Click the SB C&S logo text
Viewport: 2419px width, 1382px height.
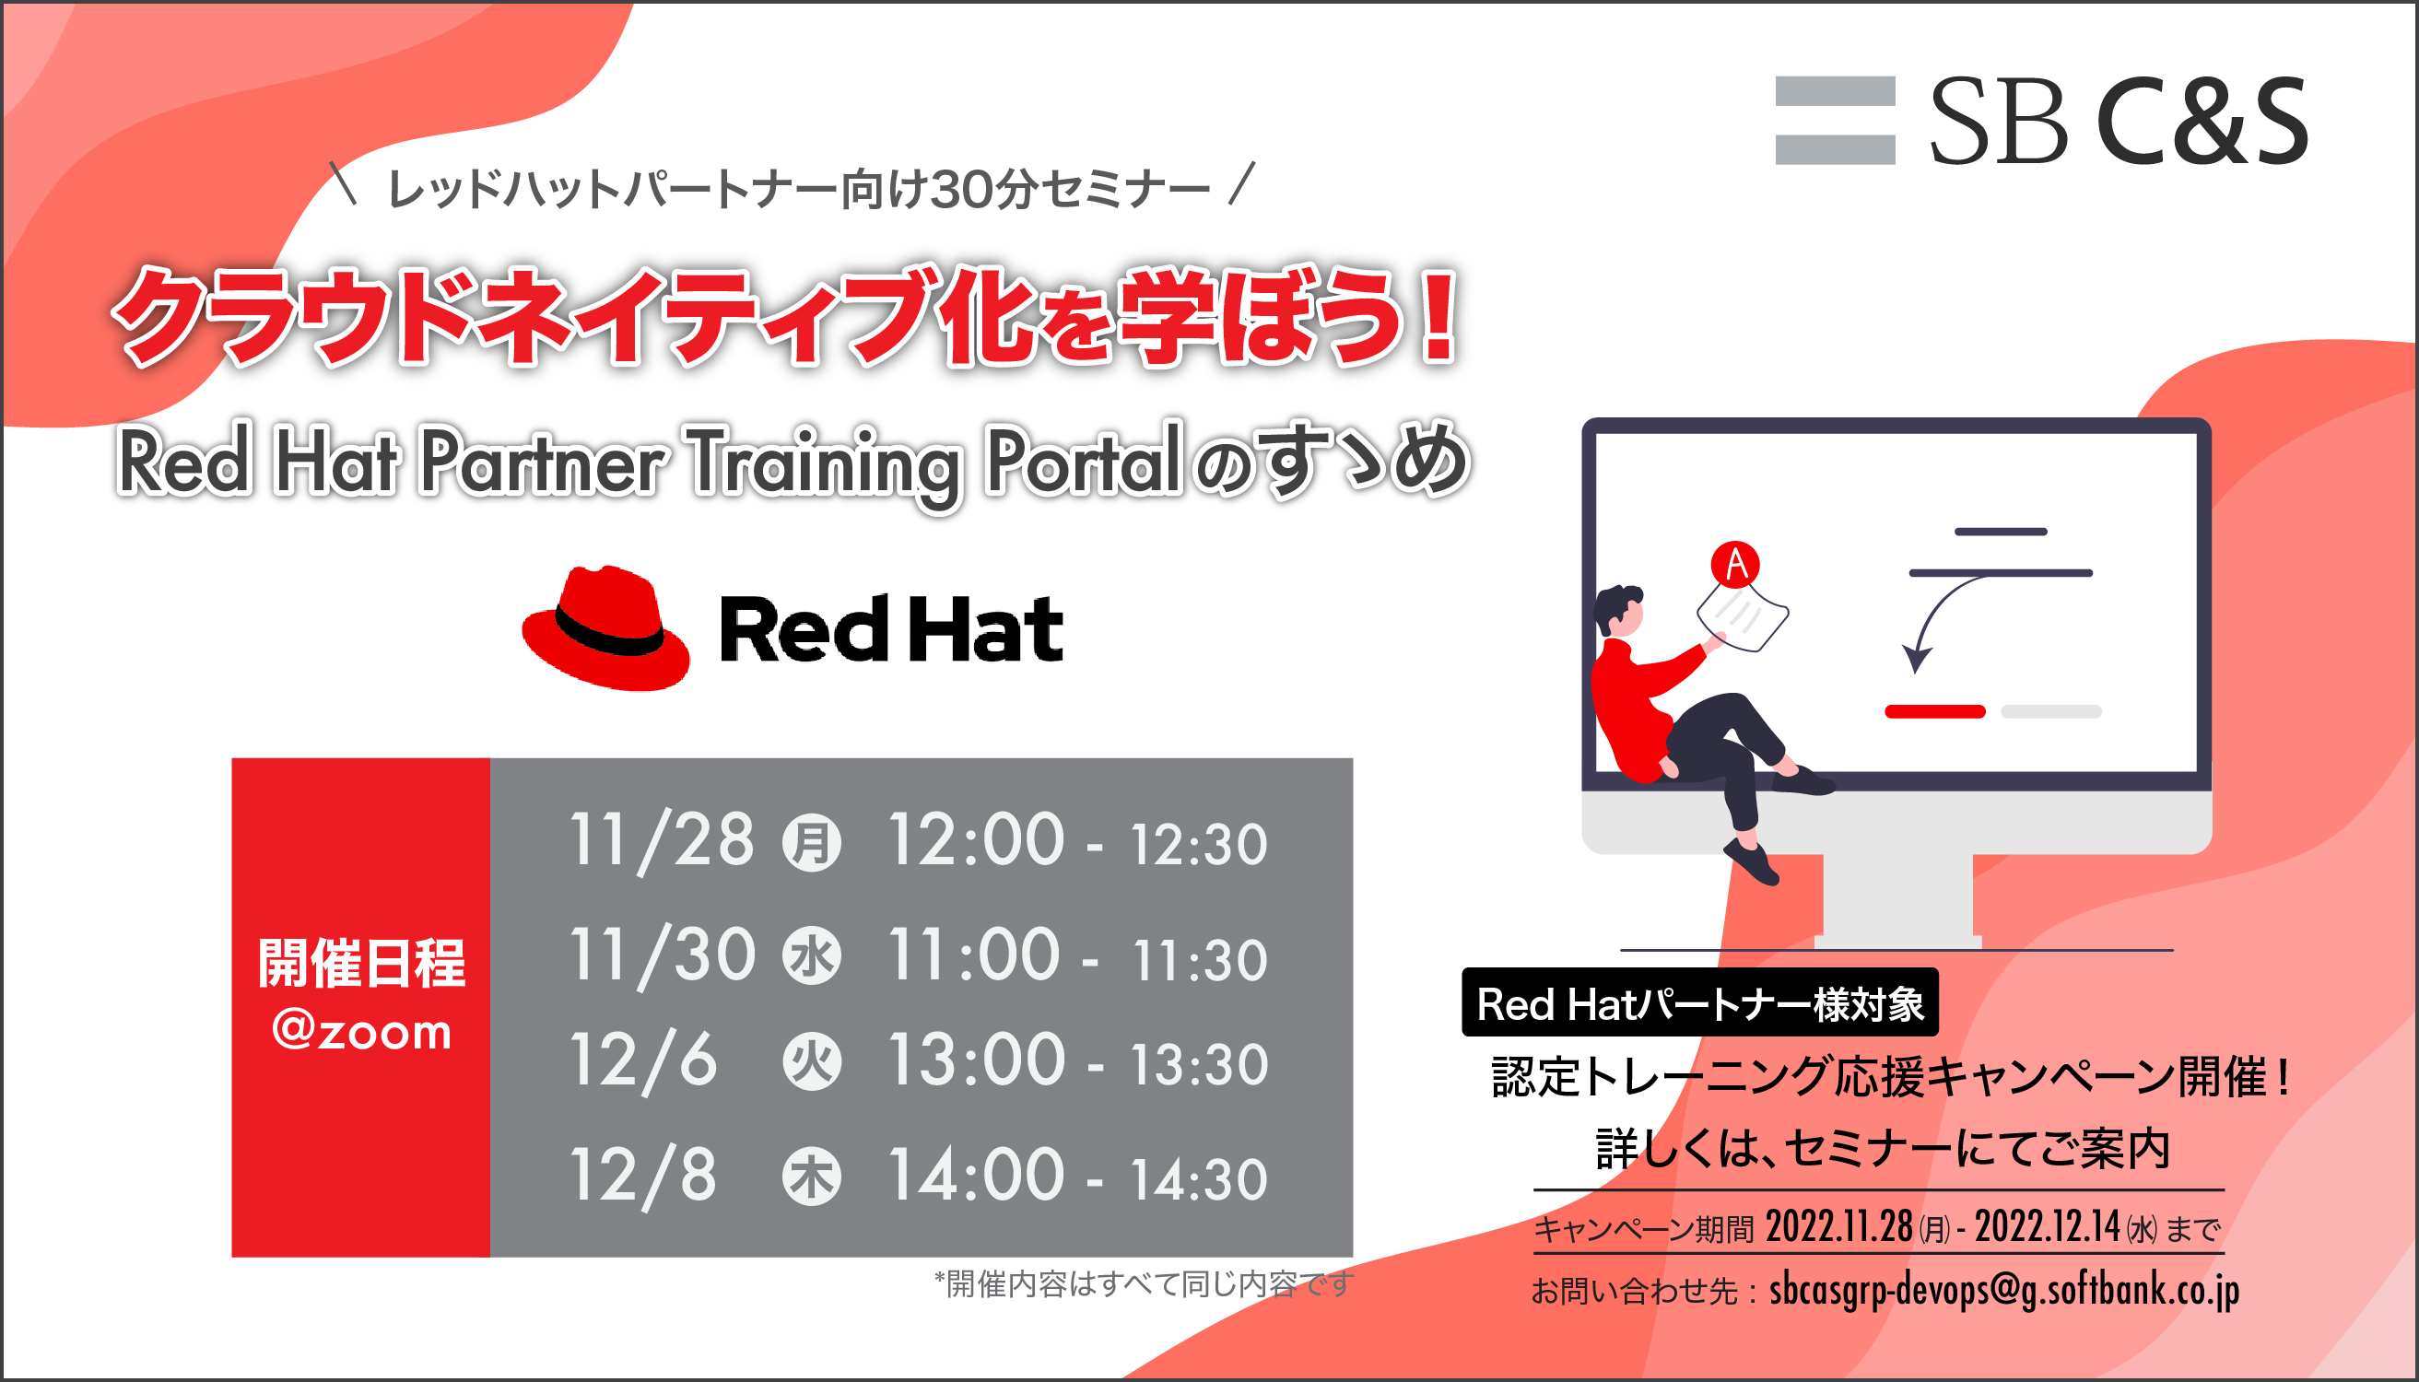[2119, 121]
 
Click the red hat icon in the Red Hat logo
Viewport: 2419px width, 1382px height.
[605, 627]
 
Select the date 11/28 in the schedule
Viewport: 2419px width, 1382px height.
[662, 841]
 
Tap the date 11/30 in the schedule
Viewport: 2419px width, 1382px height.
[662, 955]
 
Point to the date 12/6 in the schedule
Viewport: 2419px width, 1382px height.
[642, 1061]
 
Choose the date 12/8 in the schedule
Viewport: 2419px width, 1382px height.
[642, 1176]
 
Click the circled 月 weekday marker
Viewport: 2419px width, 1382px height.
[812, 843]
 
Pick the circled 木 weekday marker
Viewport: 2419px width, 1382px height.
[812, 1176]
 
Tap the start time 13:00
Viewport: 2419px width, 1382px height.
[977, 1060]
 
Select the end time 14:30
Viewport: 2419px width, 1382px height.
[1199, 1180]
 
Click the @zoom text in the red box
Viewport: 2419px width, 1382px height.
[362, 1032]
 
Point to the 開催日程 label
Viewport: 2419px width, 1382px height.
[362, 963]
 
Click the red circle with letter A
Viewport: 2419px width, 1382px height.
[1735, 564]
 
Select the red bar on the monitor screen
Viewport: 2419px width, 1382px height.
[1935, 712]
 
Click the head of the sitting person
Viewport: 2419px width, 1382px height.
[1619, 609]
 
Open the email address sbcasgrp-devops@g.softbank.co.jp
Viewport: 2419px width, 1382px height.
[2004, 1290]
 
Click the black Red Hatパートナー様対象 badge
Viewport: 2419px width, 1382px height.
[1700, 1002]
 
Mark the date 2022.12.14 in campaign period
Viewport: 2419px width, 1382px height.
[2047, 1227]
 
